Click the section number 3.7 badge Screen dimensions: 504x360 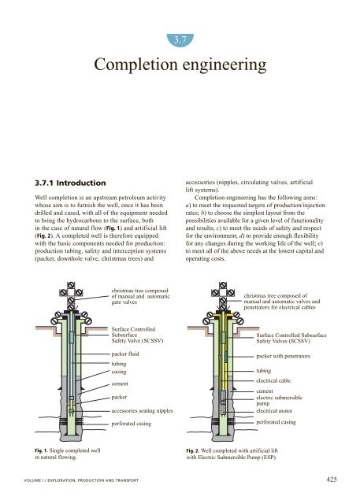point(180,36)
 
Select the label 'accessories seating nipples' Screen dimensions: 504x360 point(150,411)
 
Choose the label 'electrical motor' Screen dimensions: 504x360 point(279,411)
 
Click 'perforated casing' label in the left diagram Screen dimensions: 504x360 point(135,424)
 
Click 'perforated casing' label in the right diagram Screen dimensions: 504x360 point(281,423)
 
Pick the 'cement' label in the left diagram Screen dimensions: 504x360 point(123,384)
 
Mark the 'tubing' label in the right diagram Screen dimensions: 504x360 point(265,370)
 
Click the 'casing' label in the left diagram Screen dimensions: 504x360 point(121,372)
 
